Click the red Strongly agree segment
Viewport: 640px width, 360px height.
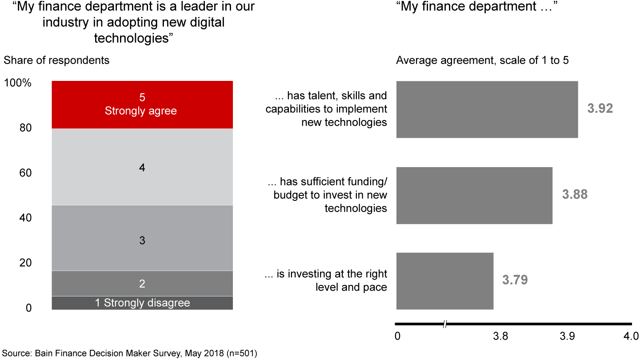[x=142, y=104]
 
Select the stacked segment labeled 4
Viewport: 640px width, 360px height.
[x=142, y=167]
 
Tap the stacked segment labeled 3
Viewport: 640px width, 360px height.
[x=142, y=238]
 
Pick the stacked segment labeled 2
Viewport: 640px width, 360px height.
[x=142, y=284]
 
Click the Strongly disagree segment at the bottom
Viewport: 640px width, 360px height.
[x=142, y=303]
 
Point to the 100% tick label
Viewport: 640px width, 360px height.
[x=18, y=83]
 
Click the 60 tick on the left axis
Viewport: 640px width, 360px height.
[x=25, y=173]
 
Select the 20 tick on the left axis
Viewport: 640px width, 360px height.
[x=25, y=263]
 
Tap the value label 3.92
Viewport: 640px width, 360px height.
[x=600, y=109]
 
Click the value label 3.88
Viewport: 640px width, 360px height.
[x=575, y=195]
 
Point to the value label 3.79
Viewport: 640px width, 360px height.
[x=515, y=280]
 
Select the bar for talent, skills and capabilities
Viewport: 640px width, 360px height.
[x=487, y=109]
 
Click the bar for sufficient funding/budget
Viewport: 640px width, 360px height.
[x=474, y=196]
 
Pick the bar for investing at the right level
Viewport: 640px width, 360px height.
[x=444, y=281]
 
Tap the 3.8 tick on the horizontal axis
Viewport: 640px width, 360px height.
[x=500, y=336]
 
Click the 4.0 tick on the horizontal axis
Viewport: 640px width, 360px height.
[x=631, y=336]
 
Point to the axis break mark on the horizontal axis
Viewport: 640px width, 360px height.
[x=445, y=324]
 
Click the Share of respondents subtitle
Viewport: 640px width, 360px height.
[x=56, y=60]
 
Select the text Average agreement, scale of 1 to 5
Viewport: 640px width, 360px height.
[x=482, y=60]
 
